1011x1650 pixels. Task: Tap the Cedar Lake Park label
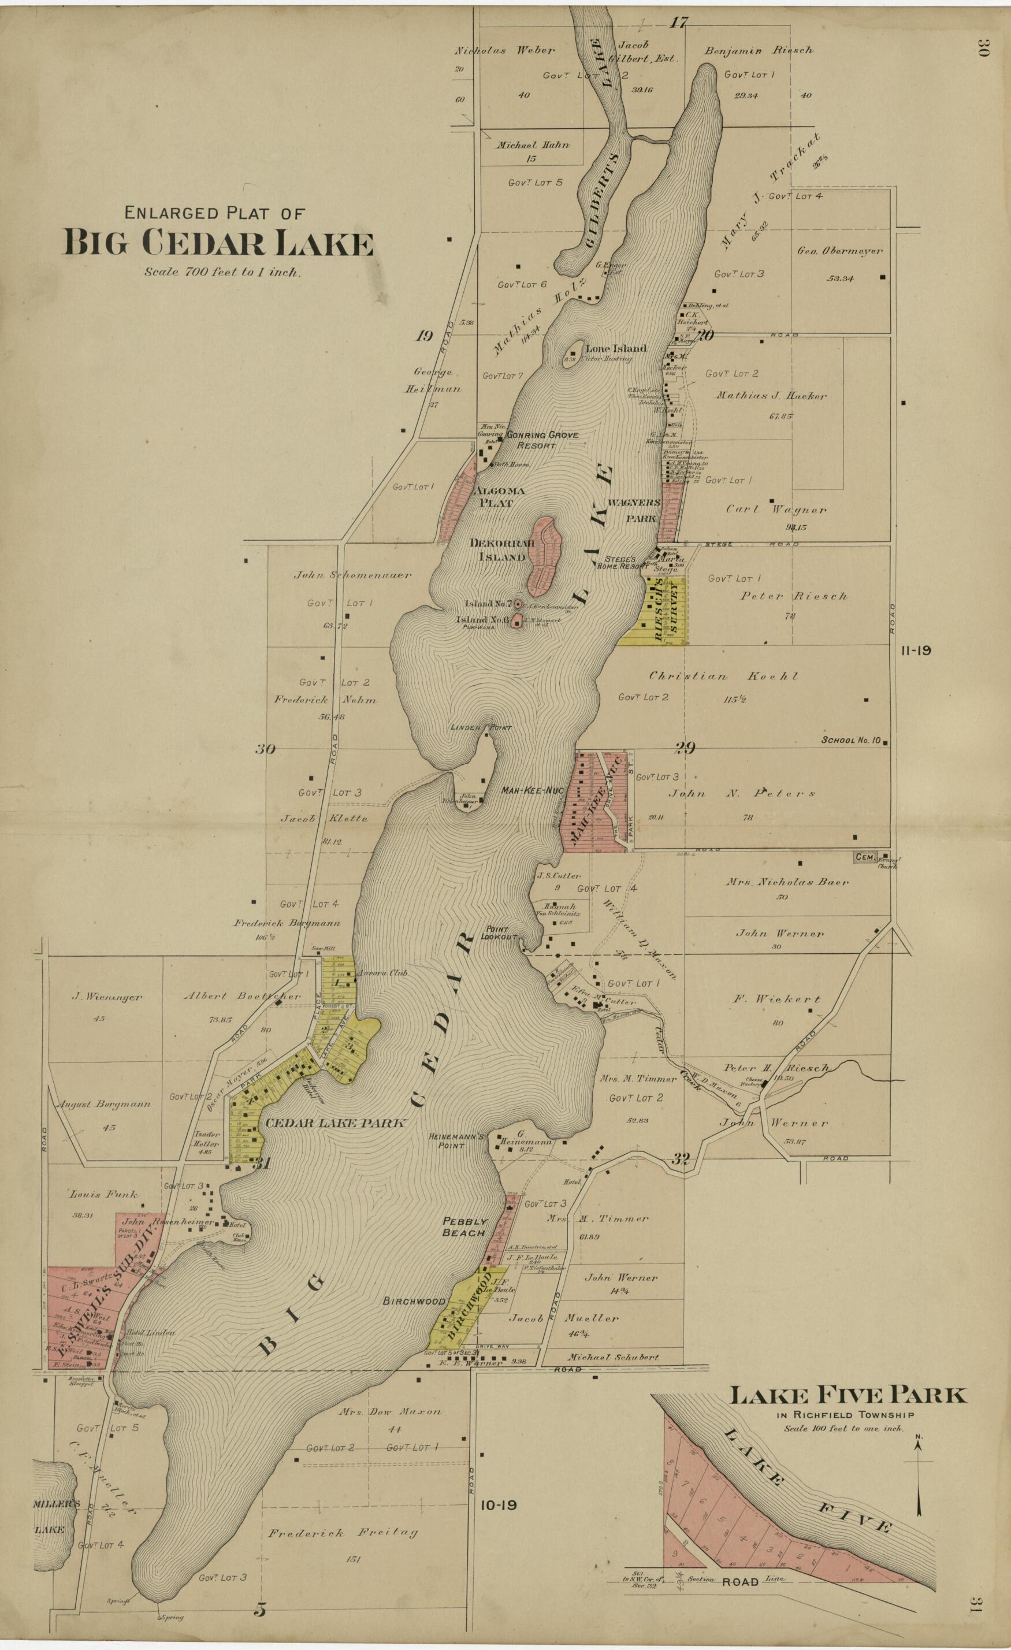tap(334, 1123)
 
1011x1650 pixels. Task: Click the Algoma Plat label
tap(499, 497)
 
